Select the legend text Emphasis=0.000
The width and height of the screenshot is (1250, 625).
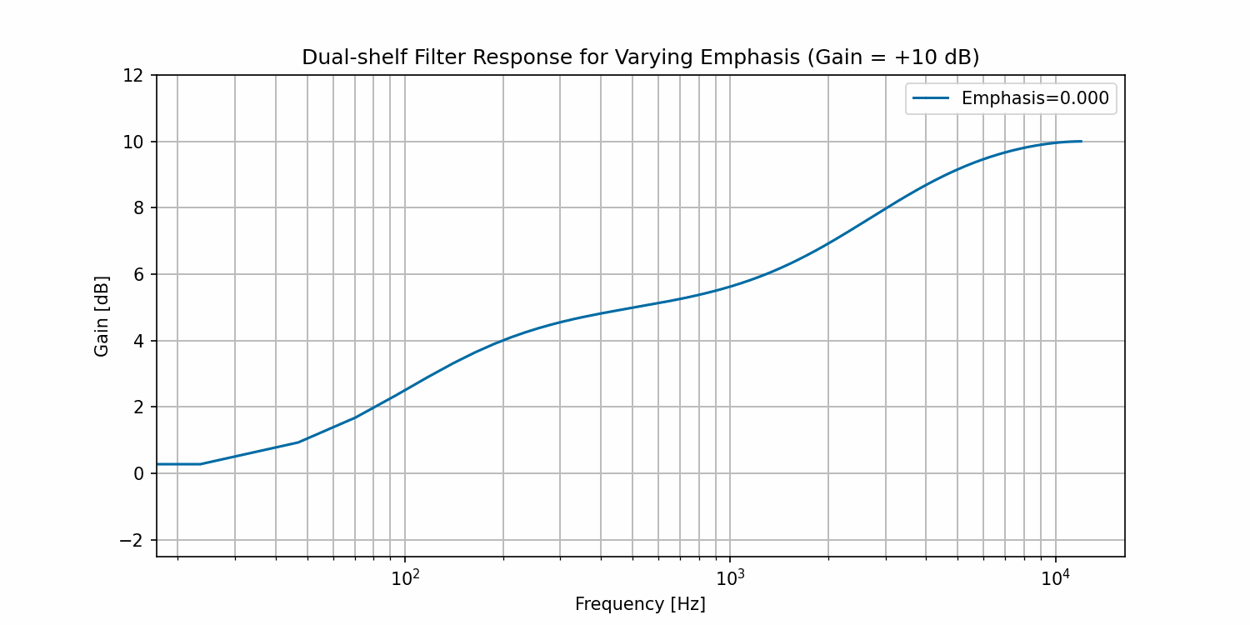tap(1035, 98)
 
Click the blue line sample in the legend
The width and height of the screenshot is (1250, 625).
tap(931, 98)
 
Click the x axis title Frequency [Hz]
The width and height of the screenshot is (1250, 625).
tap(640, 604)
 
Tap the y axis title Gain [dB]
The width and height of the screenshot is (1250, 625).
tap(102, 316)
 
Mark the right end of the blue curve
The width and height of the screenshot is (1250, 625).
tap(1081, 142)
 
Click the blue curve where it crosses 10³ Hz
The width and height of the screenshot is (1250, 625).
tap(730, 287)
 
